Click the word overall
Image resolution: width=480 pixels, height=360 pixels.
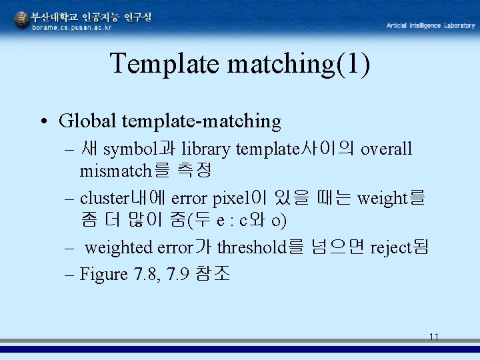(x=387, y=149)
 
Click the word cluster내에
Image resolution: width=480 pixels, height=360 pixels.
(x=123, y=198)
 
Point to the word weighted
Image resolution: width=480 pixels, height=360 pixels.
(x=119, y=247)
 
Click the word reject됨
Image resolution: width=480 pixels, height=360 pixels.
(x=399, y=247)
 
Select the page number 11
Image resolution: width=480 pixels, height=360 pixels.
(x=434, y=337)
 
